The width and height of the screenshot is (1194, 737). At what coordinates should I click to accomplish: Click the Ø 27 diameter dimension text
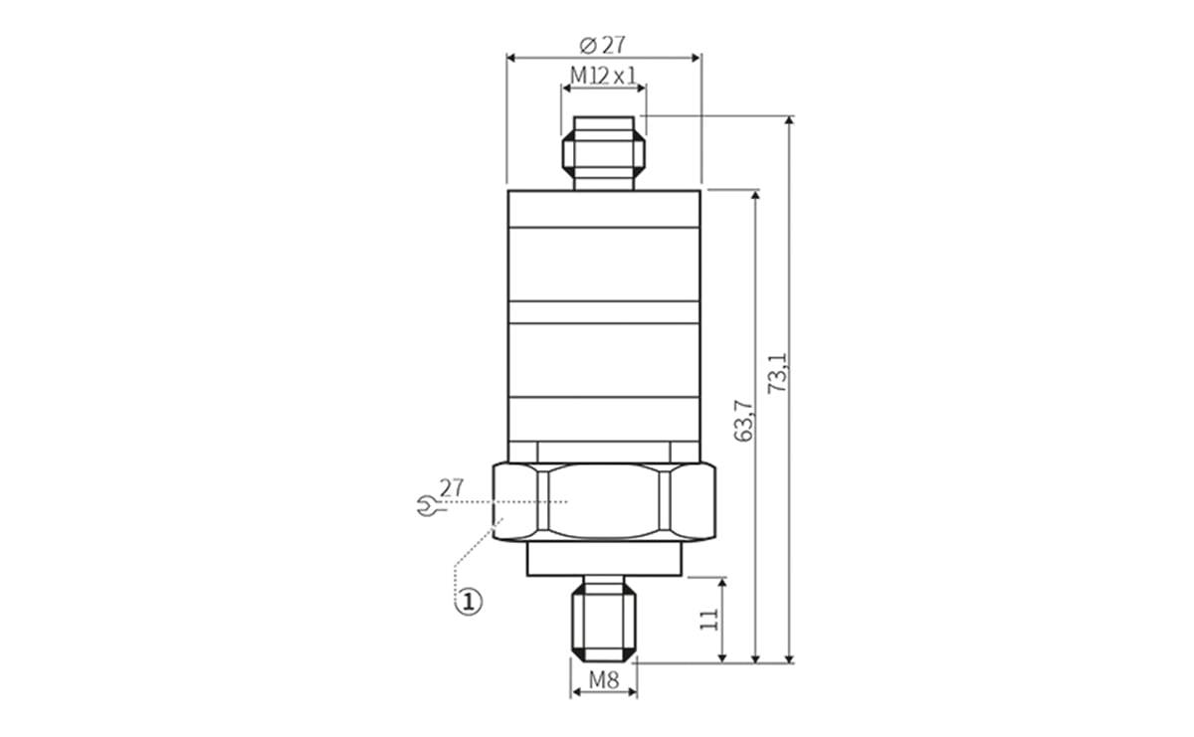point(603,45)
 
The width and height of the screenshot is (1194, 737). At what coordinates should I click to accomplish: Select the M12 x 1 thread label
point(603,76)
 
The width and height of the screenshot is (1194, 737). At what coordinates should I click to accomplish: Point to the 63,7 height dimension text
point(743,421)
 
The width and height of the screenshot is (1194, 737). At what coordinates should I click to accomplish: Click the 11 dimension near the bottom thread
point(709,619)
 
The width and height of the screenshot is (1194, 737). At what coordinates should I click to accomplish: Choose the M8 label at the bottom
point(604,680)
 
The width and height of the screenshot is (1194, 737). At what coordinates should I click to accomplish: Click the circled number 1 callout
point(469,601)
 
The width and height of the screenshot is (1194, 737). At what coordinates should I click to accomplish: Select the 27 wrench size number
point(452,487)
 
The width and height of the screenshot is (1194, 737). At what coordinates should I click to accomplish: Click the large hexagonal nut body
point(604,502)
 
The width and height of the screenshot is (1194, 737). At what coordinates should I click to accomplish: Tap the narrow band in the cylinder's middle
point(604,312)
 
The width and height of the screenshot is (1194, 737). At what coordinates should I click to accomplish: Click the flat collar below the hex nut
point(604,559)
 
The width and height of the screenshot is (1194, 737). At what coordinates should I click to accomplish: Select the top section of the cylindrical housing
point(604,208)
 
